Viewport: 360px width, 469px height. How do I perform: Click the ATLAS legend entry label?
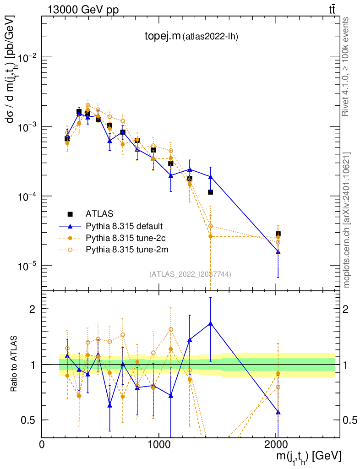99,213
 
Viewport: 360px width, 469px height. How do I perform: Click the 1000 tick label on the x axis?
159,444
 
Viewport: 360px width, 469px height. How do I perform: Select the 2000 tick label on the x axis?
276,444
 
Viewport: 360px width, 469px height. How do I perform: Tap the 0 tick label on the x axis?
42,444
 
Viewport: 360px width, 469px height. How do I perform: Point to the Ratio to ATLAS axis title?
15,364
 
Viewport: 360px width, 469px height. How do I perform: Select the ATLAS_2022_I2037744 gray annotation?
190,274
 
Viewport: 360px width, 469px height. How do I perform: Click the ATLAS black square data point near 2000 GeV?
278,234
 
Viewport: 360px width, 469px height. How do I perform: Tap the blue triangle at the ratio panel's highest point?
210,323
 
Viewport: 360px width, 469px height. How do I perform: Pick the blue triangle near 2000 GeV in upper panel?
278,252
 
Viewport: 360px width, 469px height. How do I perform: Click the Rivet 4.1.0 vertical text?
346,66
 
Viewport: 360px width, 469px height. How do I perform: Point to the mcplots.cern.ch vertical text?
347,220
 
